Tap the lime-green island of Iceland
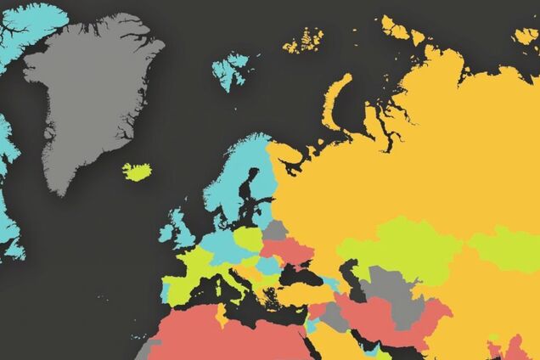[x=136, y=172]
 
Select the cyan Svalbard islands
[x=230, y=69]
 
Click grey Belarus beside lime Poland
[x=275, y=230]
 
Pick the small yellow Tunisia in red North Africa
[x=222, y=315]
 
